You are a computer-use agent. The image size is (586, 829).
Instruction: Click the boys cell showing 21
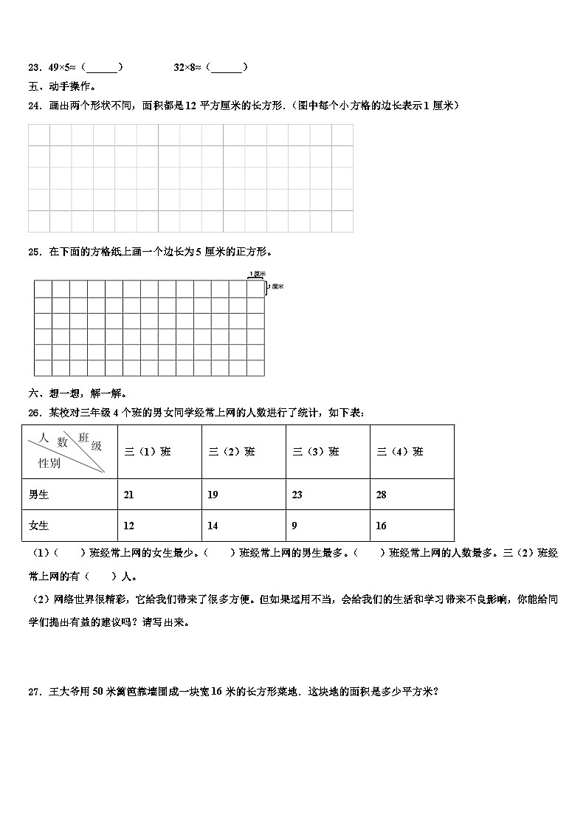(x=129, y=495)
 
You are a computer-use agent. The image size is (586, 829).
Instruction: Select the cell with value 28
(x=381, y=495)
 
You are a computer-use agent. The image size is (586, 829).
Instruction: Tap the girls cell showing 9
(x=296, y=526)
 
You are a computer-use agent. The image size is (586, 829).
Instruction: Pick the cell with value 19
(x=213, y=495)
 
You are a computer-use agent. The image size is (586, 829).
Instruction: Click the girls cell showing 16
(x=381, y=526)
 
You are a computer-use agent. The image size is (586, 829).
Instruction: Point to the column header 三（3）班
(x=316, y=452)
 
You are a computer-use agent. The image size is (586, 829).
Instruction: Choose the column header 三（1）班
(x=148, y=452)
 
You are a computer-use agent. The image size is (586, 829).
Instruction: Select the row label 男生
(x=38, y=495)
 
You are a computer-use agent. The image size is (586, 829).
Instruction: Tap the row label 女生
(x=38, y=526)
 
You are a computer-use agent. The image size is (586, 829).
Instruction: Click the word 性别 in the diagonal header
(x=49, y=464)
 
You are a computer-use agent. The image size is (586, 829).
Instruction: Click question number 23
(x=33, y=67)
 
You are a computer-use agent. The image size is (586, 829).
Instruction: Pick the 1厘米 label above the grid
(x=256, y=274)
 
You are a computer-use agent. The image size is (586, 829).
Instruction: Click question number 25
(x=33, y=252)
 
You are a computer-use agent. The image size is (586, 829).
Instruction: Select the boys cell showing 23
(x=297, y=495)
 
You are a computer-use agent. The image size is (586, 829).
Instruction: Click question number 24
(x=33, y=106)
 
